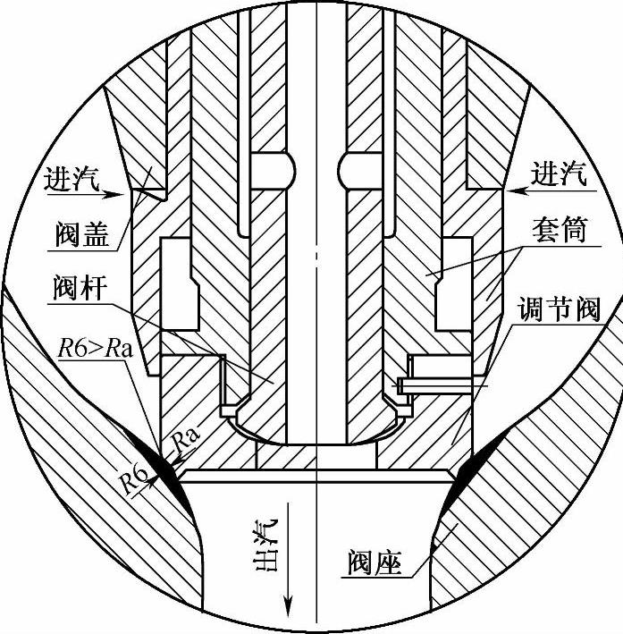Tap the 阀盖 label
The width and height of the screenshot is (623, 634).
(x=80, y=234)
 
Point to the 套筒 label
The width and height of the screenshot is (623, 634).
(x=562, y=232)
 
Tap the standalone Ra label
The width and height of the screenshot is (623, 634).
(x=184, y=439)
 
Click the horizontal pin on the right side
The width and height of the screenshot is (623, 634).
(x=438, y=384)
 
